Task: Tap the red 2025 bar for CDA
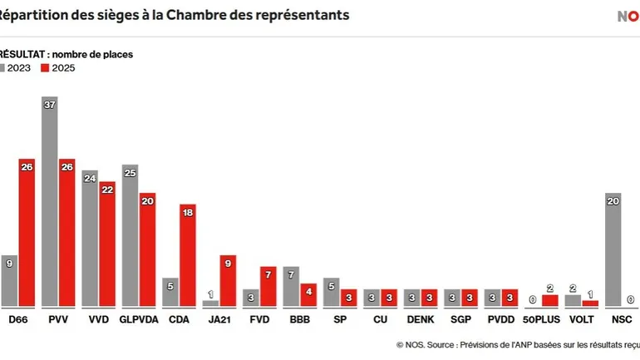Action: tap(188, 255)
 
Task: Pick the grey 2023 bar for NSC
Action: tap(614, 249)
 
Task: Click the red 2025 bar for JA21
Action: tap(229, 281)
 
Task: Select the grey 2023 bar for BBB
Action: tap(291, 287)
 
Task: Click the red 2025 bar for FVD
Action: tap(268, 287)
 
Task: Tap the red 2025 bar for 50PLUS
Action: tap(550, 300)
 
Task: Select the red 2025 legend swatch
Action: tap(45, 68)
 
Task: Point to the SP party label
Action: tap(341, 319)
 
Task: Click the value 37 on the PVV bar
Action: tap(49, 105)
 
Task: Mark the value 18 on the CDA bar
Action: tap(188, 213)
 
